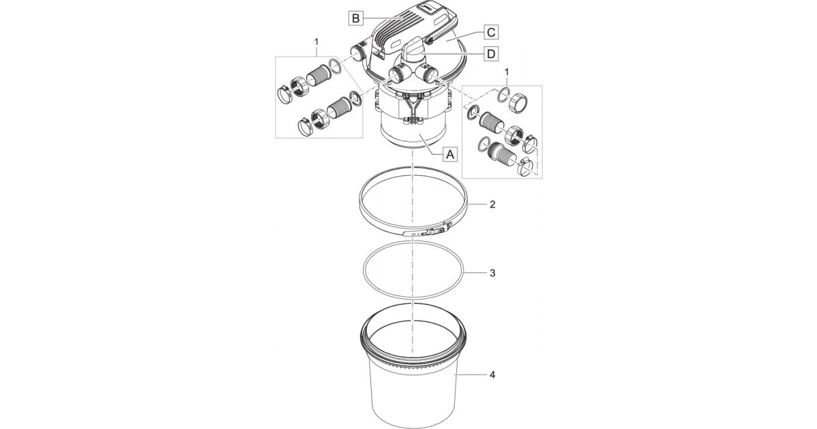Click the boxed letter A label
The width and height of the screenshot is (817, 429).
(x=450, y=155)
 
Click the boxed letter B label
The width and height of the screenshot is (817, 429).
(x=355, y=18)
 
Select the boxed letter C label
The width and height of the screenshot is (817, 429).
(x=491, y=32)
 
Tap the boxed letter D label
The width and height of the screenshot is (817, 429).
(x=491, y=54)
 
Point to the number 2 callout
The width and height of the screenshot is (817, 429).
(x=492, y=204)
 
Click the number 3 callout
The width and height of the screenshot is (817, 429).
(x=492, y=273)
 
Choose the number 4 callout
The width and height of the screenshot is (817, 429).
(x=492, y=375)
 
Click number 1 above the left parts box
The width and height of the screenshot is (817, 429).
(x=316, y=42)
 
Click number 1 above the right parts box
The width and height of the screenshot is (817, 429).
(x=507, y=73)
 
